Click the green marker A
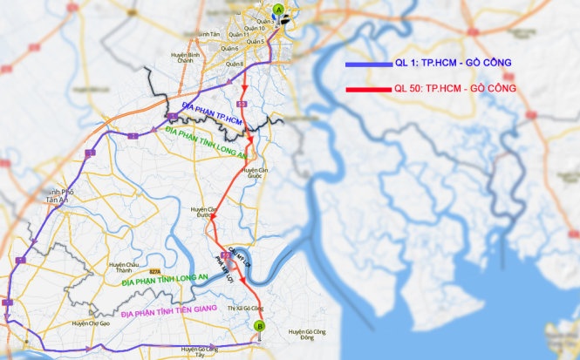click(278, 10)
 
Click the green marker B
click(258, 327)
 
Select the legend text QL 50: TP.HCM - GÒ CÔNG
click(456, 88)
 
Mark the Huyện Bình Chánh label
click(184, 58)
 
